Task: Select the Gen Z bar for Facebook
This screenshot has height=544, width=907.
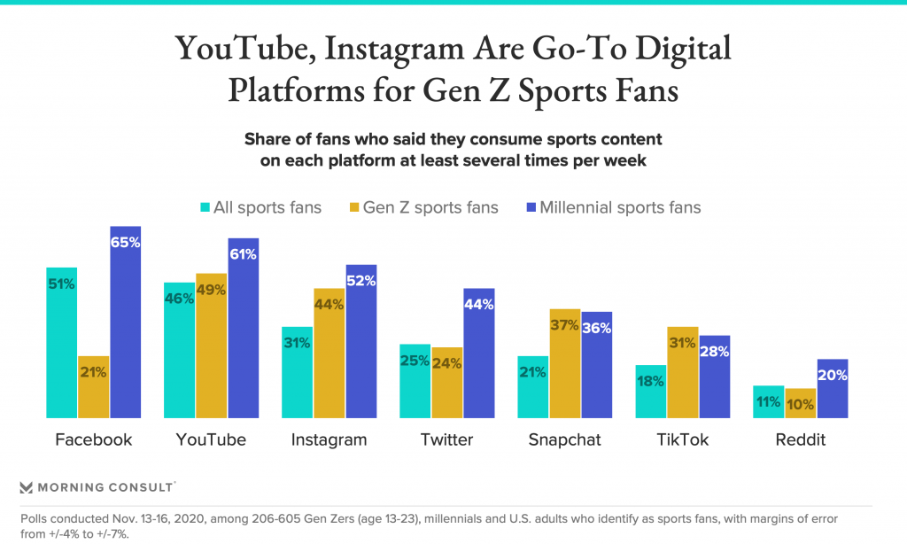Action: (x=93, y=386)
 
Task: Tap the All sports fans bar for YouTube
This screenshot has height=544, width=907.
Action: (x=179, y=350)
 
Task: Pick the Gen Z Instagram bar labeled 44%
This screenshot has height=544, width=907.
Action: (x=329, y=353)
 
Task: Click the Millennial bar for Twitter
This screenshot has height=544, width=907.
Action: (x=478, y=353)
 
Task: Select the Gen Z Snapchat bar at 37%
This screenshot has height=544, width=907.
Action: (x=564, y=363)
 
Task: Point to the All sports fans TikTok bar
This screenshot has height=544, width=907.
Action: (x=650, y=391)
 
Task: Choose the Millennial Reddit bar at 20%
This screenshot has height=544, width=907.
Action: (x=832, y=388)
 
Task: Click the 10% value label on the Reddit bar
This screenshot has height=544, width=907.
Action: (x=800, y=402)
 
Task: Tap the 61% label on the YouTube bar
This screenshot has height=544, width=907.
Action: (x=243, y=254)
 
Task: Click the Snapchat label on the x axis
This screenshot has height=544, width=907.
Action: (x=564, y=439)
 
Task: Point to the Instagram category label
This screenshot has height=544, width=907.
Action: (x=329, y=439)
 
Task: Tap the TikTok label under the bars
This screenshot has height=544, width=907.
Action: (x=682, y=439)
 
